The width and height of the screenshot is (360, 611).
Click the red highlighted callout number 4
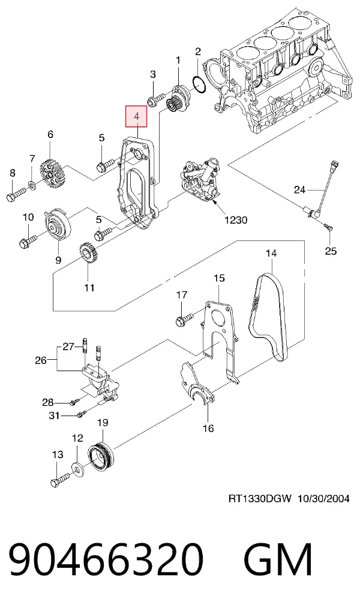pos(136,116)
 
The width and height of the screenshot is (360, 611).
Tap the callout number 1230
pos(236,220)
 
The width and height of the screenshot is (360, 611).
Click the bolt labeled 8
pos(16,194)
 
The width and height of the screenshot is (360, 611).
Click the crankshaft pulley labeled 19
pos(101,455)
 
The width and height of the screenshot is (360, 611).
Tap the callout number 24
pos(299,189)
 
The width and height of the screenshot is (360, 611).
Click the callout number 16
pos(208,429)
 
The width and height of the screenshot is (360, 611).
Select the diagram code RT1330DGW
pos(260,498)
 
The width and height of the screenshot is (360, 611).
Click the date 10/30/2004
pos(324,498)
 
